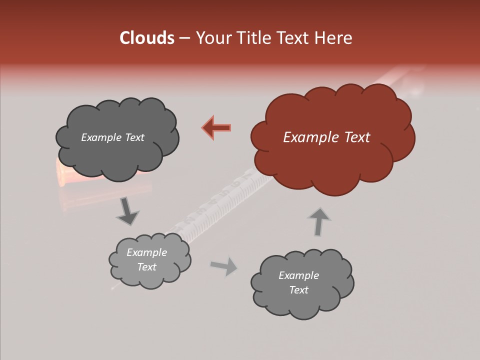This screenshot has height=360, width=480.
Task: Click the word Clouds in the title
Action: click(x=146, y=38)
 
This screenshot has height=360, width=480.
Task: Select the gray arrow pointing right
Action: click(x=224, y=266)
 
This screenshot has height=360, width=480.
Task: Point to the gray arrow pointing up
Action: click(x=319, y=221)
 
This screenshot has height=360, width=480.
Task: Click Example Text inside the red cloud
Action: click(x=326, y=137)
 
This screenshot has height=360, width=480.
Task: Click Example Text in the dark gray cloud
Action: click(x=112, y=137)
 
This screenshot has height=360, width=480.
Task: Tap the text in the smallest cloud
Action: click(x=146, y=260)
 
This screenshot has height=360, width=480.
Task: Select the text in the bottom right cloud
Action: click(x=298, y=282)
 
